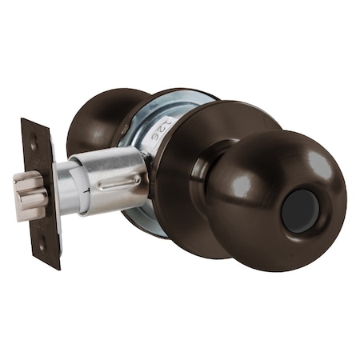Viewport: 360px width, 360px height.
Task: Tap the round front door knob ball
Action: tap(276, 196)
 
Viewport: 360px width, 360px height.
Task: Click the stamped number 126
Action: tap(166, 129)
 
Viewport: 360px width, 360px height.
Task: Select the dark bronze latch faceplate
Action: tap(42, 192)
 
